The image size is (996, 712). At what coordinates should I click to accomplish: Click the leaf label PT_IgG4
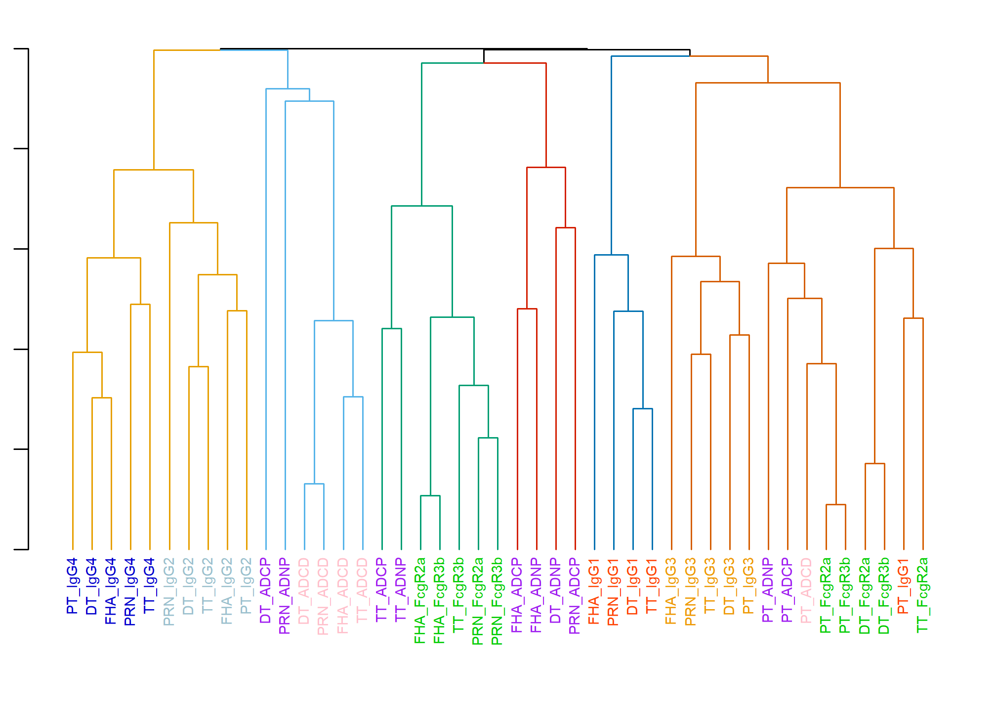(x=73, y=586)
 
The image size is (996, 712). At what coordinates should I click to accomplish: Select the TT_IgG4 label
(x=150, y=586)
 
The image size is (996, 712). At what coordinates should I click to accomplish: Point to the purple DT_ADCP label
(x=266, y=591)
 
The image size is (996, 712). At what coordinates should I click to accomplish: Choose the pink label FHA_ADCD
(x=343, y=596)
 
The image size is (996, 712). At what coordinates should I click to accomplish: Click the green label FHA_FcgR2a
(x=420, y=601)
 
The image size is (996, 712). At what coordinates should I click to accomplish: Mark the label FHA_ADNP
(x=537, y=595)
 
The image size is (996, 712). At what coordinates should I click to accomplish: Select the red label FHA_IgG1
(x=594, y=591)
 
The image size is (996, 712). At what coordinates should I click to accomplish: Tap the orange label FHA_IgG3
(x=671, y=591)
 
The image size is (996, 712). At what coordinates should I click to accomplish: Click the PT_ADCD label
(x=807, y=591)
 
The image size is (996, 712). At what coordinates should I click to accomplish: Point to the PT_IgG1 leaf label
(x=904, y=586)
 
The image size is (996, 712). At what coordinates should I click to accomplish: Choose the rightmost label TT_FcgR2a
(x=923, y=595)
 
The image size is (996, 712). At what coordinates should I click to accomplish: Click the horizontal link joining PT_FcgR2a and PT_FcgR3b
(x=836, y=505)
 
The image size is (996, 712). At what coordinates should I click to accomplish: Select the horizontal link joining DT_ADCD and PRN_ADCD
(x=314, y=484)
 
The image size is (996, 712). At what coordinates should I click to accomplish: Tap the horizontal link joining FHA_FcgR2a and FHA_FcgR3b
(x=430, y=496)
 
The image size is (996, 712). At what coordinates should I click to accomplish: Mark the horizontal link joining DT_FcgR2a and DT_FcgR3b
(x=875, y=464)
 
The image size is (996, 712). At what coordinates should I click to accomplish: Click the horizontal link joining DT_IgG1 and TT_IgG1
(x=643, y=409)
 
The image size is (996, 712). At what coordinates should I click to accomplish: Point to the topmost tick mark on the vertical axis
(x=21, y=49)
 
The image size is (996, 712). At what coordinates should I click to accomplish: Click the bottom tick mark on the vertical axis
(x=21, y=549)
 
